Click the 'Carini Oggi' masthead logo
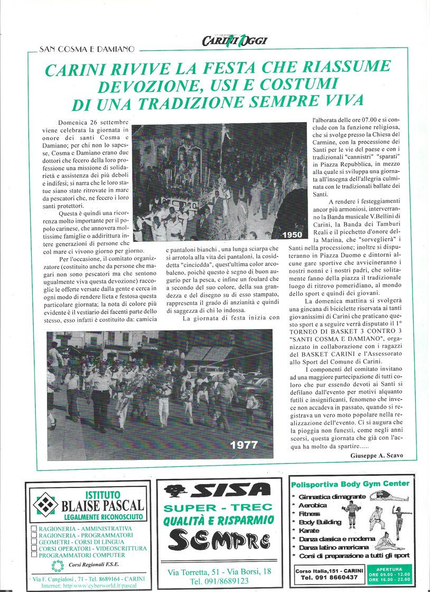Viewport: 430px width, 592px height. coord(235,41)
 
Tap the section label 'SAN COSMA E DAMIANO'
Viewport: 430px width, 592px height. coord(87,49)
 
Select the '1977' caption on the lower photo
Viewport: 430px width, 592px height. coord(244,445)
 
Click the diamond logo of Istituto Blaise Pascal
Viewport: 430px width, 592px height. coord(46,504)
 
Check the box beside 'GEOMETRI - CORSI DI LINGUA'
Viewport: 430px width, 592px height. coord(34,542)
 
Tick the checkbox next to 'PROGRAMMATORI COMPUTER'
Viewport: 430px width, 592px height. coord(34,556)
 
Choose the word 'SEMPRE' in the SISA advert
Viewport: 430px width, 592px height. coord(221,541)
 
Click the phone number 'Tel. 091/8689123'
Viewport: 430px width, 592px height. coord(219,581)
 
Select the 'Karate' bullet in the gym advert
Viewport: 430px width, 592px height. coord(310,530)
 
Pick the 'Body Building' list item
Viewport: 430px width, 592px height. coord(320,522)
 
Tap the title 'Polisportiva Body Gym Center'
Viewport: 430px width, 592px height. coord(350,483)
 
